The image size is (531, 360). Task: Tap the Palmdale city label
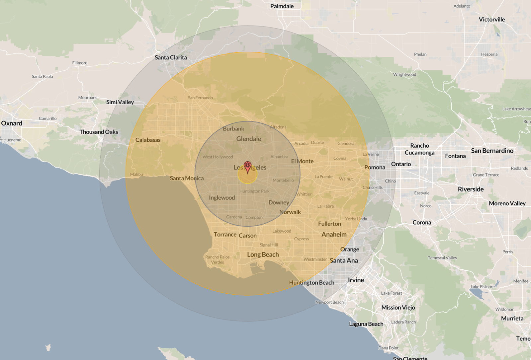click(282, 6)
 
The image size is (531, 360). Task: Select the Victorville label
click(491, 20)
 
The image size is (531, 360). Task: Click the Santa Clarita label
click(171, 57)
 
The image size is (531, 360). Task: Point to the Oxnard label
click(12, 123)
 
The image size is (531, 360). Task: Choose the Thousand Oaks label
click(99, 132)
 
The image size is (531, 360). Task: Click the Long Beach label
click(263, 254)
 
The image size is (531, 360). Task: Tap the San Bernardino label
click(492, 151)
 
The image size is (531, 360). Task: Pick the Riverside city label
click(471, 189)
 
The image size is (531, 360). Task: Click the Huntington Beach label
click(311, 282)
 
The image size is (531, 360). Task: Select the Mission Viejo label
click(398, 307)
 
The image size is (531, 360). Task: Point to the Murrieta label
click(512, 318)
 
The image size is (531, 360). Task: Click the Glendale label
click(248, 139)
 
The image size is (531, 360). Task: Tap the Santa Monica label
click(187, 178)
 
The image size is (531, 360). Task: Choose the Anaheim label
click(334, 234)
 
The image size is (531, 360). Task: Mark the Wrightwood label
click(404, 74)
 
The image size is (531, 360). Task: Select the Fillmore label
click(80, 63)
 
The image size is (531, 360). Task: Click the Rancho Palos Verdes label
click(217, 259)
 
